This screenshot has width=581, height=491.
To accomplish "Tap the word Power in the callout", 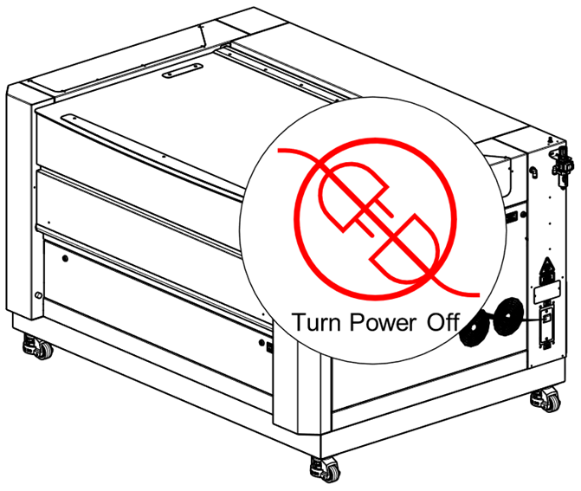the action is [383, 322].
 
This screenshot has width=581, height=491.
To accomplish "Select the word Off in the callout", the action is [443, 321].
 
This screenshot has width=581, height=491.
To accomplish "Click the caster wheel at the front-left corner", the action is [39, 347].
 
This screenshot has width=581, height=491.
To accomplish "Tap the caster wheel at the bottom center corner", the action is [325, 468].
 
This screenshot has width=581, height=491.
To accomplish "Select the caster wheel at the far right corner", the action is [545, 399].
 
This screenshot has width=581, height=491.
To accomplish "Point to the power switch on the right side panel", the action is [546, 319].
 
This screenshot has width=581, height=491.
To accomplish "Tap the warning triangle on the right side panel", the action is [546, 268].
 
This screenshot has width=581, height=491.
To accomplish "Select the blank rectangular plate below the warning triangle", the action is [546, 292].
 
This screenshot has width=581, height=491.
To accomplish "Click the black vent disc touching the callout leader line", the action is [508, 316].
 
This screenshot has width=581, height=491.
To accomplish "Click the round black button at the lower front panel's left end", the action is [65, 258].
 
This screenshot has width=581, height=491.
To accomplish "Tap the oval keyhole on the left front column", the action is [38, 295].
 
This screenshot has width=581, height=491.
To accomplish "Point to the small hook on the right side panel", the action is [533, 171].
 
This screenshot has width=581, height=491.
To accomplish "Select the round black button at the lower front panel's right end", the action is [261, 343].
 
